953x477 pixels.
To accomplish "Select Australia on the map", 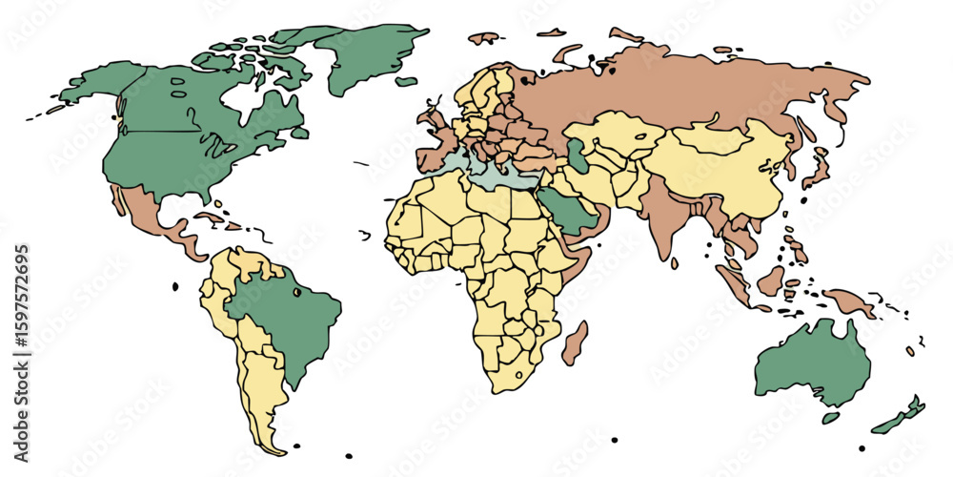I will [810, 363].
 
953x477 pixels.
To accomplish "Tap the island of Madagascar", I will [575, 343].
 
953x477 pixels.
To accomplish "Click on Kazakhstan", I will [619, 134].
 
